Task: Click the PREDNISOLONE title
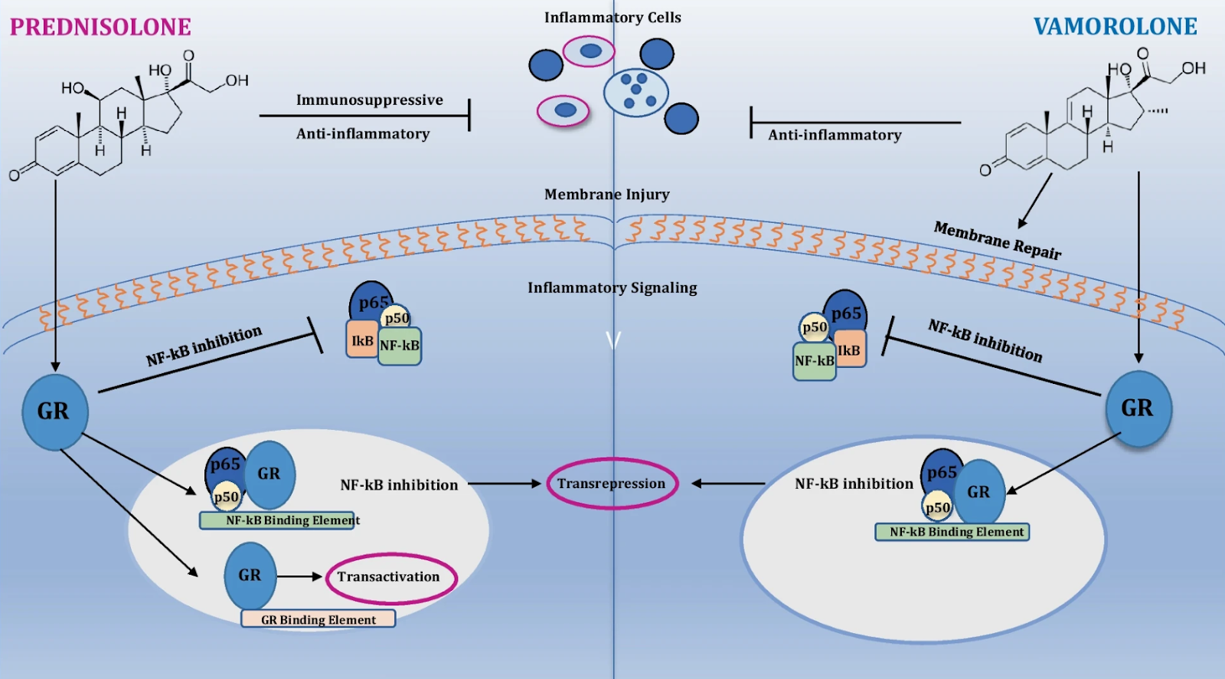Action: tap(100, 27)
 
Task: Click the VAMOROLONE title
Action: tap(1115, 26)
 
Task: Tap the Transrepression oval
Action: tap(612, 459)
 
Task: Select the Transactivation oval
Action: tap(391, 556)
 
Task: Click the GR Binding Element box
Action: tap(318, 619)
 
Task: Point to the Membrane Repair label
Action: tap(997, 240)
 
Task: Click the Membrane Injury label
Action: tap(607, 195)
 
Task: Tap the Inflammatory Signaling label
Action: tap(612, 287)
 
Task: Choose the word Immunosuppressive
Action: tap(370, 100)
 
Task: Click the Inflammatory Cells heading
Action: tap(612, 18)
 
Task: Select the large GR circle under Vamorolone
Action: tap(1138, 408)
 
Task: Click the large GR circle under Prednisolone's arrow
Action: tap(54, 412)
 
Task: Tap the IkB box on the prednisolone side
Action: tap(362, 339)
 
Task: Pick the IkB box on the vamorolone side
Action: tap(850, 349)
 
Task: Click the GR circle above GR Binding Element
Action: tap(250, 576)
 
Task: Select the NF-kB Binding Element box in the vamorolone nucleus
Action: tap(952, 532)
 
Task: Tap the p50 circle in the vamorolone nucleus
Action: tap(937, 507)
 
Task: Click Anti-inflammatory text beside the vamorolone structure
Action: tap(835, 135)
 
